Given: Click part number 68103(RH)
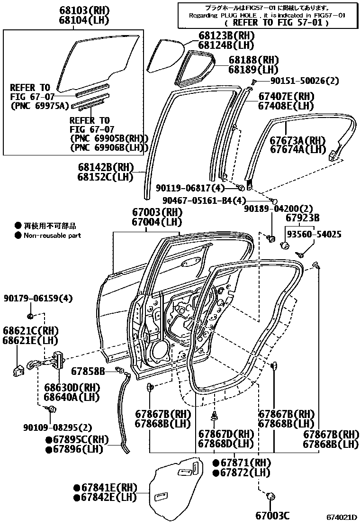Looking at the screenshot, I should click(84, 10).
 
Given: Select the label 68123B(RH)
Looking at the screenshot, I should click(226, 36).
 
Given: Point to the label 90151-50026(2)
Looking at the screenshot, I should click(305, 81).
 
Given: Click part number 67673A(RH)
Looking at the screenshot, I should click(298, 140).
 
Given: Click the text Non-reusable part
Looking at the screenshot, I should click(52, 235).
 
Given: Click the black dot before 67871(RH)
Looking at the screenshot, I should click(216, 463).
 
